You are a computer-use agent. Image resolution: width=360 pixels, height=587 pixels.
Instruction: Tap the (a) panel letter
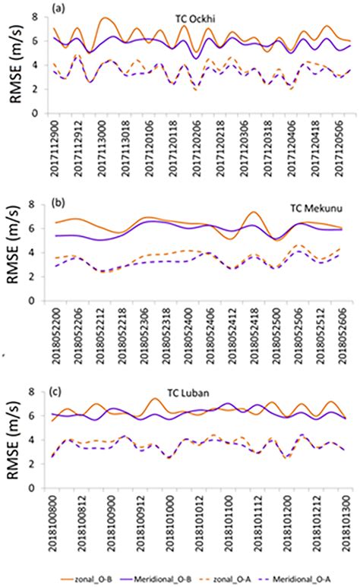click(x=56, y=8)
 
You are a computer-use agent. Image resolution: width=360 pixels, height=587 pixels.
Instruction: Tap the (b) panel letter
click(x=56, y=201)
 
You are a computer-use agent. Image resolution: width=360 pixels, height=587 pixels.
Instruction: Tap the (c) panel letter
click(x=56, y=390)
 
